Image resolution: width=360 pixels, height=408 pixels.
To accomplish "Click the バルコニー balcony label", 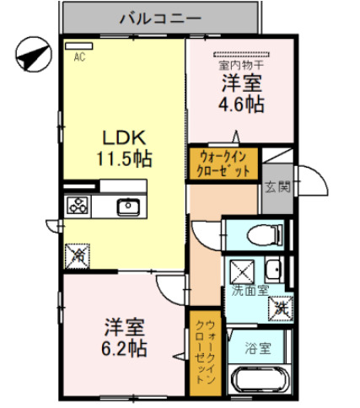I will click(x=160, y=17).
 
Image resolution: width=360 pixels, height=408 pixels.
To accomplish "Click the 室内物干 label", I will click(x=241, y=64).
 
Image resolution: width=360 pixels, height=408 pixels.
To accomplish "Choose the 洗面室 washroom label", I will click(x=250, y=291).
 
